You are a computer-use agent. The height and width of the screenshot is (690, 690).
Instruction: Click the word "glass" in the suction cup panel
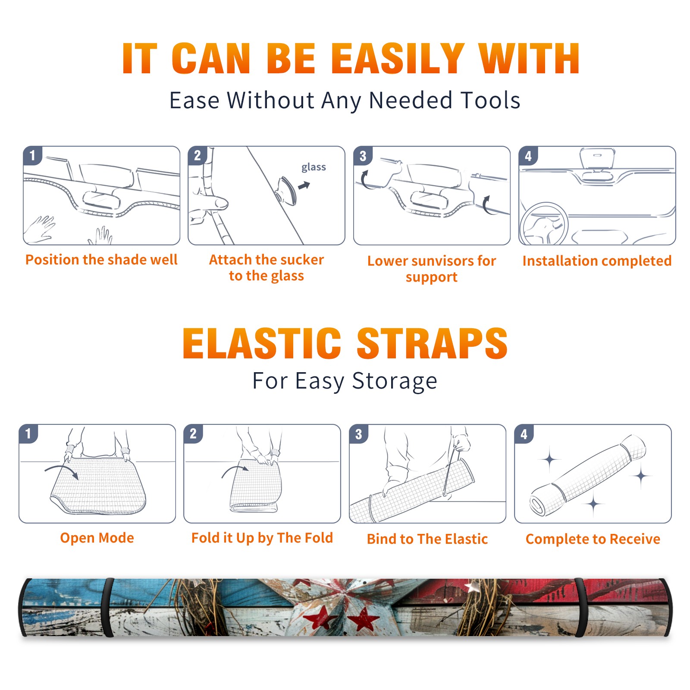click(314, 167)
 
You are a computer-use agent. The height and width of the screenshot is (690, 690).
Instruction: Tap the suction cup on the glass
click(286, 191)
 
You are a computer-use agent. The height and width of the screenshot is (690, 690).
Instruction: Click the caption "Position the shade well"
click(101, 260)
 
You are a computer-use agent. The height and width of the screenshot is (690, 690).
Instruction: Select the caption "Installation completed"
click(597, 261)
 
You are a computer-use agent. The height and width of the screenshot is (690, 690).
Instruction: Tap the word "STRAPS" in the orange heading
click(432, 343)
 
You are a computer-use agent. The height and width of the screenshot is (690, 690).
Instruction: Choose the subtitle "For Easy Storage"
click(345, 381)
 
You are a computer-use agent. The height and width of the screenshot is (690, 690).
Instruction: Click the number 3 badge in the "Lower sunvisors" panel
click(363, 156)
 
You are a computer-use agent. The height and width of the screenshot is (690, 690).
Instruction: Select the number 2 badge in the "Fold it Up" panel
click(193, 433)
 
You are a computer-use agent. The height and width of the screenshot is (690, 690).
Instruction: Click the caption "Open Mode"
click(97, 538)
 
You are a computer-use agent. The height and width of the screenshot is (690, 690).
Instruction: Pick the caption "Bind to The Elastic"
click(427, 539)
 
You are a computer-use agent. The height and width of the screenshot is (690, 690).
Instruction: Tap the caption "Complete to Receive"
click(593, 539)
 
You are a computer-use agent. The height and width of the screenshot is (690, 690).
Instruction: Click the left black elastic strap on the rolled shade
click(107, 608)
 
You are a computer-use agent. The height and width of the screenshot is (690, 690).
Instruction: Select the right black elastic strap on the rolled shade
click(580, 608)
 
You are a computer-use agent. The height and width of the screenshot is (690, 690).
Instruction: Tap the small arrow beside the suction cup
click(304, 185)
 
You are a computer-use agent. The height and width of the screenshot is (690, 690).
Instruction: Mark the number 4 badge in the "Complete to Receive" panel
click(524, 433)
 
